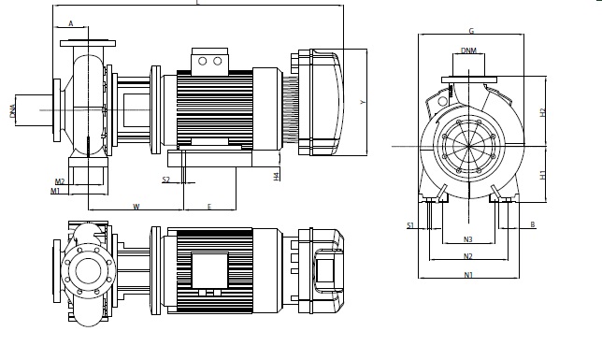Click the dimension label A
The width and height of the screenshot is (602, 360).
pyautogui.click(x=71, y=23)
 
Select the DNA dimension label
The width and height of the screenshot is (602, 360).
pyautogui.click(x=13, y=111)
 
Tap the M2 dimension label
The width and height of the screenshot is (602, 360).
pyautogui.click(x=60, y=181)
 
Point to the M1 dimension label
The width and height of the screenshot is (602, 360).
pyautogui.click(x=55, y=191)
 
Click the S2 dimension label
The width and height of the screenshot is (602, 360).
pyautogui.click(x=165, y=180)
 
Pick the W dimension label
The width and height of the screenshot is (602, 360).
pyautogui.click(x=136, y=207)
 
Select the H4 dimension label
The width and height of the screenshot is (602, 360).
pyautogui.click(x=276, y=177)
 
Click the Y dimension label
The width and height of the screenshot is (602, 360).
pyautogui.click(x=363, y=102)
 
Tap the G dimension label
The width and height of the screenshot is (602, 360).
pyautogui.click(x=471, y=31)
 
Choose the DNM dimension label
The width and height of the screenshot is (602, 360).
pyautogui.click(x=468, y=50)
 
